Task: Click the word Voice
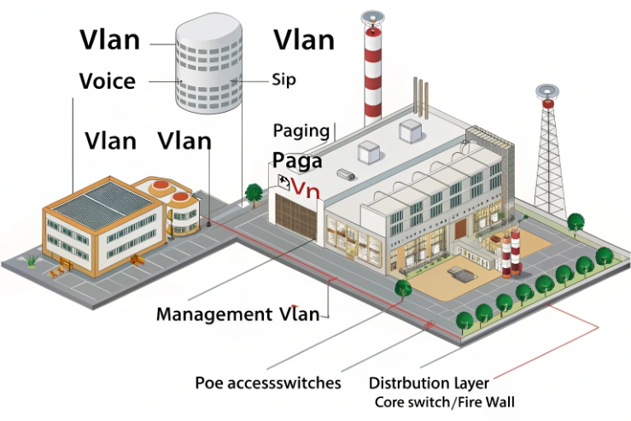107,81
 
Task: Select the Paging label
301,131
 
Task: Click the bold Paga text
297,161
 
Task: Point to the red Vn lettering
305,189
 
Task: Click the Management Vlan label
237,314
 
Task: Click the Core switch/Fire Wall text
445,401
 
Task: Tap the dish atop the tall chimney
373,16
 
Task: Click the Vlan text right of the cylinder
303,39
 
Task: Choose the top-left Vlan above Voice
110,39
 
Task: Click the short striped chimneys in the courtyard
510,252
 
